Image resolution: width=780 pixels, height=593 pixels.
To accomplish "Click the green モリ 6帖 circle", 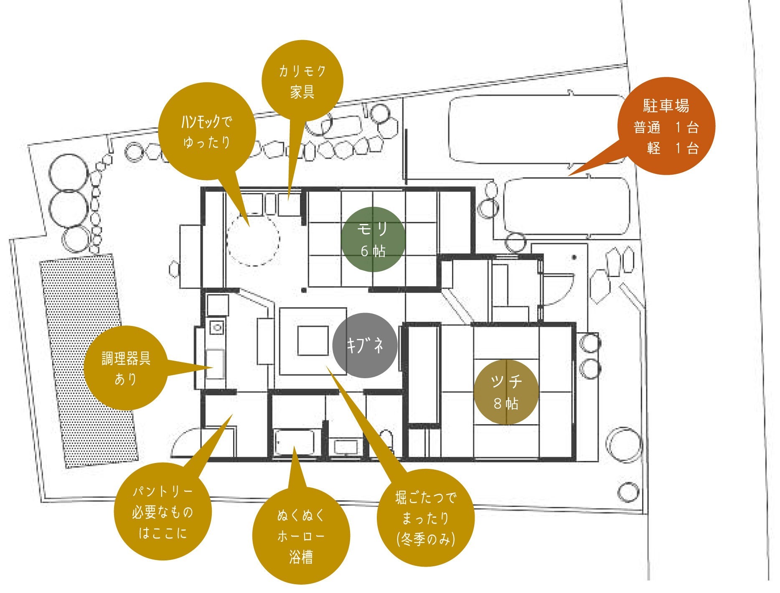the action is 373,239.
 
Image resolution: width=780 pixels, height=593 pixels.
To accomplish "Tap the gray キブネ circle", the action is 365,345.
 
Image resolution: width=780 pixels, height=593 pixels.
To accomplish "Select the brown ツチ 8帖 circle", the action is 506,392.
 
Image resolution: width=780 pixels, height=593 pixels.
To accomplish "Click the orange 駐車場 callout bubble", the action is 666,126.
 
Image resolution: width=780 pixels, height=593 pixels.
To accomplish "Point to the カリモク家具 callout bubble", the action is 302,81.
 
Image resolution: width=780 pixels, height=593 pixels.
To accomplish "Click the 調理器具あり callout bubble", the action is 125,368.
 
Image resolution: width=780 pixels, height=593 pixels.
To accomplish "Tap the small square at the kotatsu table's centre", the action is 313,341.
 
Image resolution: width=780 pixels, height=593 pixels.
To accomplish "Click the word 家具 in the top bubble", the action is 302,92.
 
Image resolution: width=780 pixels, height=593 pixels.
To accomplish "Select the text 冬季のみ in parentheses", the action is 425,540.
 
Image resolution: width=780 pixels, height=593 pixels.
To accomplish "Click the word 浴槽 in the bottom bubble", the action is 301,557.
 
